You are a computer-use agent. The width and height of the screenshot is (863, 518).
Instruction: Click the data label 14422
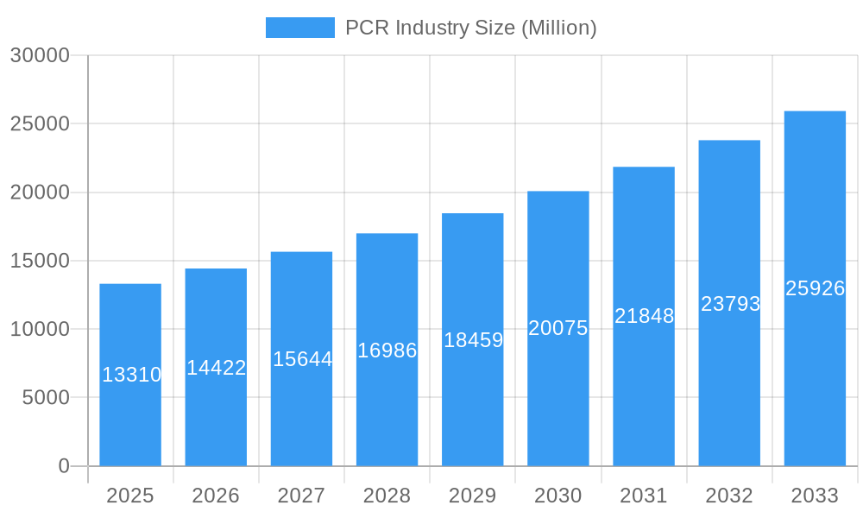(x=217, y=368)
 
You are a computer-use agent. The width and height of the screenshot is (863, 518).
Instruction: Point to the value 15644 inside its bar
(x=302, y=359)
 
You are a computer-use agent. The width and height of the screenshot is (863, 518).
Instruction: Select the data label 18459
(x=473, y=340)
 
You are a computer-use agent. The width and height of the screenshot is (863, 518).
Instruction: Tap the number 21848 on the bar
(x=644, y=316)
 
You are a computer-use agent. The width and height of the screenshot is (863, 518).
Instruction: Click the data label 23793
(x=730, y=304)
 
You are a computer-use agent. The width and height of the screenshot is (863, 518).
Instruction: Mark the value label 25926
(x=815, y=288)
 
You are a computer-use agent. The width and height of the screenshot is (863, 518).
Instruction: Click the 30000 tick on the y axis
(x=40, y=55)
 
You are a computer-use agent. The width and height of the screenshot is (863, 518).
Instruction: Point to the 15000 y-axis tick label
(x=40, y=261)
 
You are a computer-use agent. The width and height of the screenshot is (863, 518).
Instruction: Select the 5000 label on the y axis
(x=45, y=398)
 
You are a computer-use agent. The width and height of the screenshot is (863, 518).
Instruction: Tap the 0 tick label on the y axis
(x=64, y=466)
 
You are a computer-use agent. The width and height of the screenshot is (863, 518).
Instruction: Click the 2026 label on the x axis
(x=216, y=496)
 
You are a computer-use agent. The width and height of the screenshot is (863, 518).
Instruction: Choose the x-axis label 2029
(x=473, y=496)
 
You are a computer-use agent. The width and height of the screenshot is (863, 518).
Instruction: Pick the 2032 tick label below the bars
(x=729, y=496)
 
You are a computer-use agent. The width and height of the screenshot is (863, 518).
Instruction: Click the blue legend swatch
(x=299, y=28)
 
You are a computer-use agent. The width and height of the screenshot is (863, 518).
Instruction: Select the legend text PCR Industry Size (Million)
(x=470, y=28)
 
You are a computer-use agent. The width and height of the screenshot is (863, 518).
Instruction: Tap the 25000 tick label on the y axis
(x=40, y=123)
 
